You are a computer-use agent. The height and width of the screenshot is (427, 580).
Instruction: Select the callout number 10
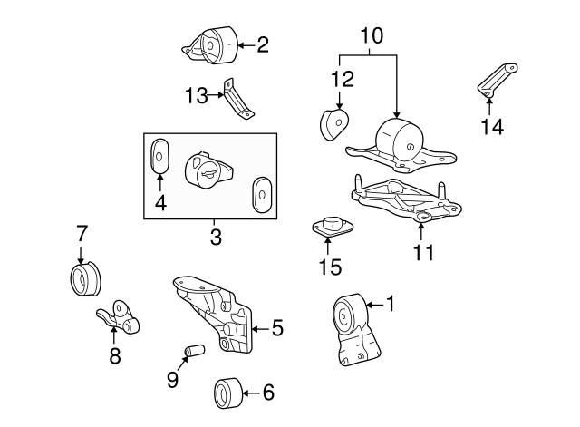tap(372, 36)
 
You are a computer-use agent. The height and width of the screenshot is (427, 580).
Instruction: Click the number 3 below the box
tap(215, 238)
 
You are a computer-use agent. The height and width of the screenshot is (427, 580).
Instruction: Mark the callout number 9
tap(172, 381)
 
